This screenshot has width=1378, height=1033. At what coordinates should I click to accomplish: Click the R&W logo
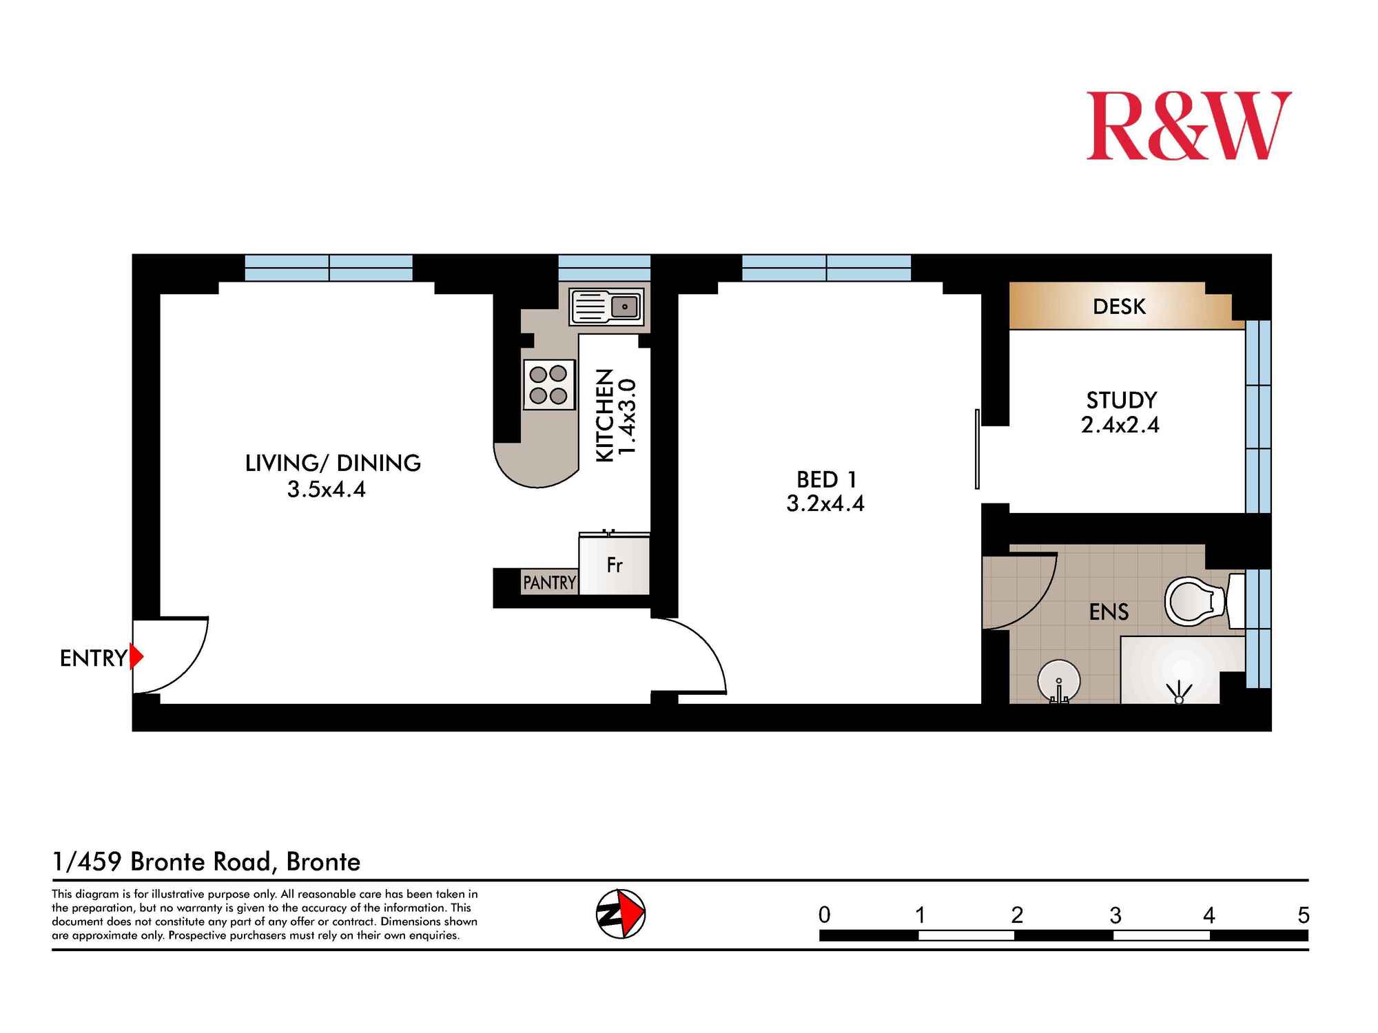click(x=1189, y=127)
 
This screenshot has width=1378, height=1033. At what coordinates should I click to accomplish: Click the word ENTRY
click(x=93, y=658)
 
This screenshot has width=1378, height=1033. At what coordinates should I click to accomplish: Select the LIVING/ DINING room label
click(x=333, y=463)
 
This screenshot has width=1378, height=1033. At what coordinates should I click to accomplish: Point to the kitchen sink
click(x=606, y=306)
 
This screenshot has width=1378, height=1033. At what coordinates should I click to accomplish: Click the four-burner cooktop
click(x=548, y=385)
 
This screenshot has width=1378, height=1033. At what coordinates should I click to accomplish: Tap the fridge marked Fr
click(x=615, y=565)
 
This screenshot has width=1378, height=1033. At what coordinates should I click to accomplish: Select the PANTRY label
click(x=549, y=583)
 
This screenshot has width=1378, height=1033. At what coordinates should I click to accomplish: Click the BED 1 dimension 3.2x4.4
click(x=825, y=503)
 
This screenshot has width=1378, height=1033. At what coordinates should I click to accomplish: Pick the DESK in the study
click(x=1119, y=306)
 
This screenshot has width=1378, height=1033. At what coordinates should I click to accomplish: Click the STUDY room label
click(x=1121, y=400)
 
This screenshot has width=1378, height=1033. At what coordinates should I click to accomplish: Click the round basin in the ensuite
click(x=1058, y=680)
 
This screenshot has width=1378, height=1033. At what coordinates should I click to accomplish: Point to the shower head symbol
click(x=1179, y=692)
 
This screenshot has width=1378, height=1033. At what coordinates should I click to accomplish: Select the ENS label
click(x=1109, y=612)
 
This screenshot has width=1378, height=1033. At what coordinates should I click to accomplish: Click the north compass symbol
click(x=620, y=914)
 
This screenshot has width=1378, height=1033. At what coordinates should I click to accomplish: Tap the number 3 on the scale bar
click(x=1115, y=915)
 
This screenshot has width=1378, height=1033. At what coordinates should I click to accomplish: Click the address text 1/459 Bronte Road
click(x=207, y=862)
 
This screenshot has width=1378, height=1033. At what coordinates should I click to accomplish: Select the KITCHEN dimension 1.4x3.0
click(x=627, y=416)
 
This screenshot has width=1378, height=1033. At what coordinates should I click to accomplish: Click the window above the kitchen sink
click(x=604, y=267)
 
